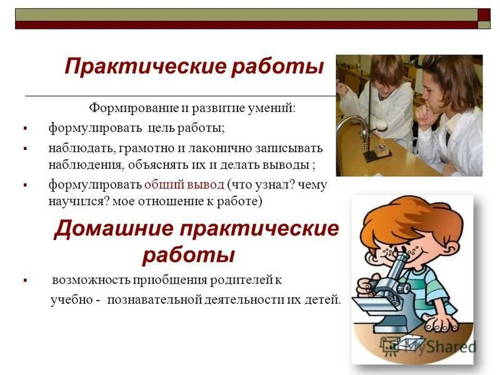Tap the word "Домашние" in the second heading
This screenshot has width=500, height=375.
(112, 229)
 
